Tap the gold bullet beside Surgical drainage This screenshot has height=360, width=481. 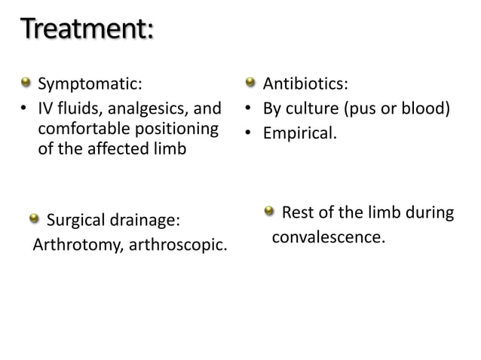pos(34,219)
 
